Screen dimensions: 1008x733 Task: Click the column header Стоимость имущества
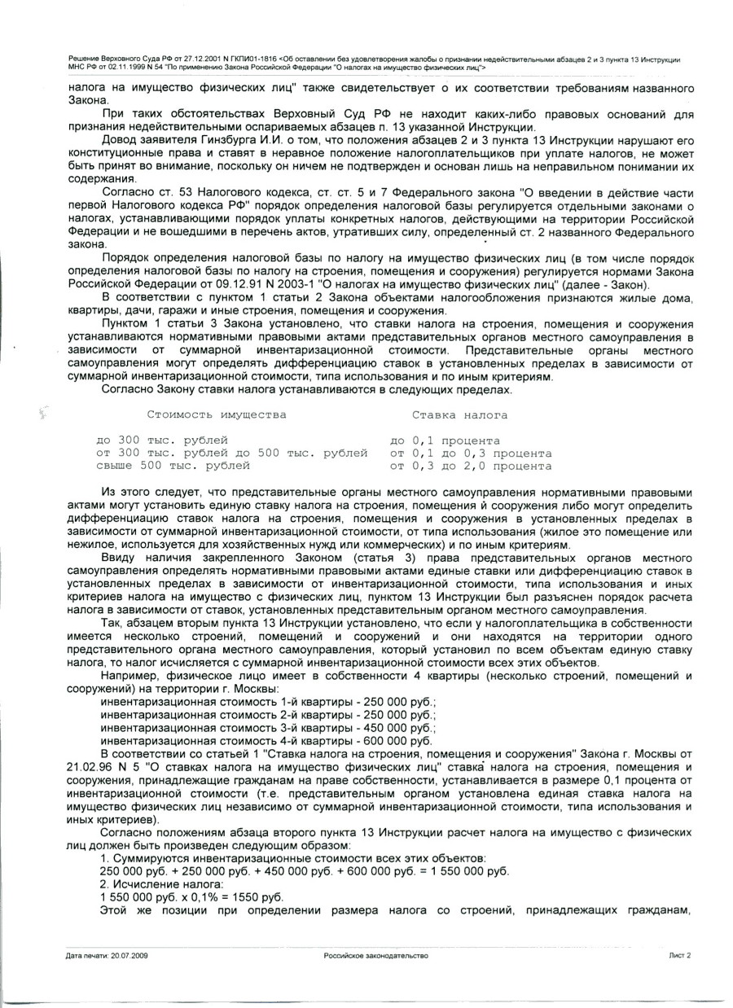(217, 415)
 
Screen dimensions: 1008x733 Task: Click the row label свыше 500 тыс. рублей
(173, 467)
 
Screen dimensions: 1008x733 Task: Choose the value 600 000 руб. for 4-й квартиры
(391, 742)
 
